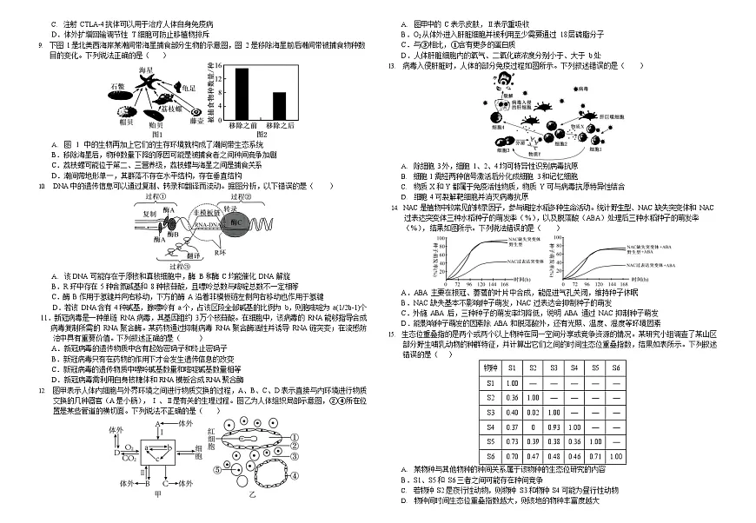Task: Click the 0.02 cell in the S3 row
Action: [x=532, y=412]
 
